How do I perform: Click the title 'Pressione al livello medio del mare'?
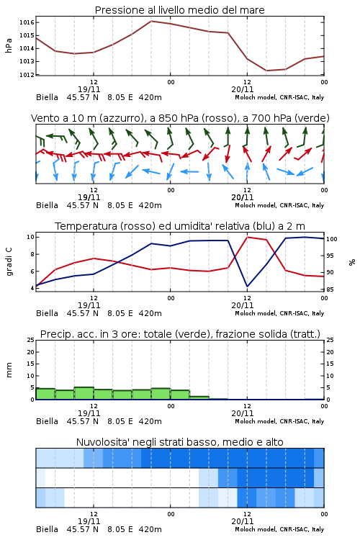tap(179, 10)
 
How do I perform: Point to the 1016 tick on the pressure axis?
tap(27, 23)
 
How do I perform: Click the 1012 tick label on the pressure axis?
tap(27, 74)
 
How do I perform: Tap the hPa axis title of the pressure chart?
tap(9, 45)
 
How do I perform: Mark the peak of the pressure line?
tap(151, 21)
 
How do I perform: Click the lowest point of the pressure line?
tap(266, 71)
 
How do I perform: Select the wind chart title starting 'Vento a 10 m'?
tap(180, 118)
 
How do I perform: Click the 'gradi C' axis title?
tap(9, 261)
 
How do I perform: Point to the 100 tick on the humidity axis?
tap(332, 239)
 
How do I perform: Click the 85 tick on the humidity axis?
tap(330, 289)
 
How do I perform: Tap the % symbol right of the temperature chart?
tap(352, 262)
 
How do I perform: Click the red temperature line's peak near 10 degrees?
tap(247, 237)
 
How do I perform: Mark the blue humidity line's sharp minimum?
tap(247, 286)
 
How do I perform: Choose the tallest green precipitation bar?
tap(84, 393)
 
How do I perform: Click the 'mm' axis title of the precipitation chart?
tap(9, 369)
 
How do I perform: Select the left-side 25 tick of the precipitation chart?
tap(31, 340)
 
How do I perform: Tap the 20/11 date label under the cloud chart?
tap(243, 521)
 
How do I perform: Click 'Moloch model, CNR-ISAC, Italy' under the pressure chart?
tap(279, 97)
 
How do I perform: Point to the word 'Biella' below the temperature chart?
tap(48, 313)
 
